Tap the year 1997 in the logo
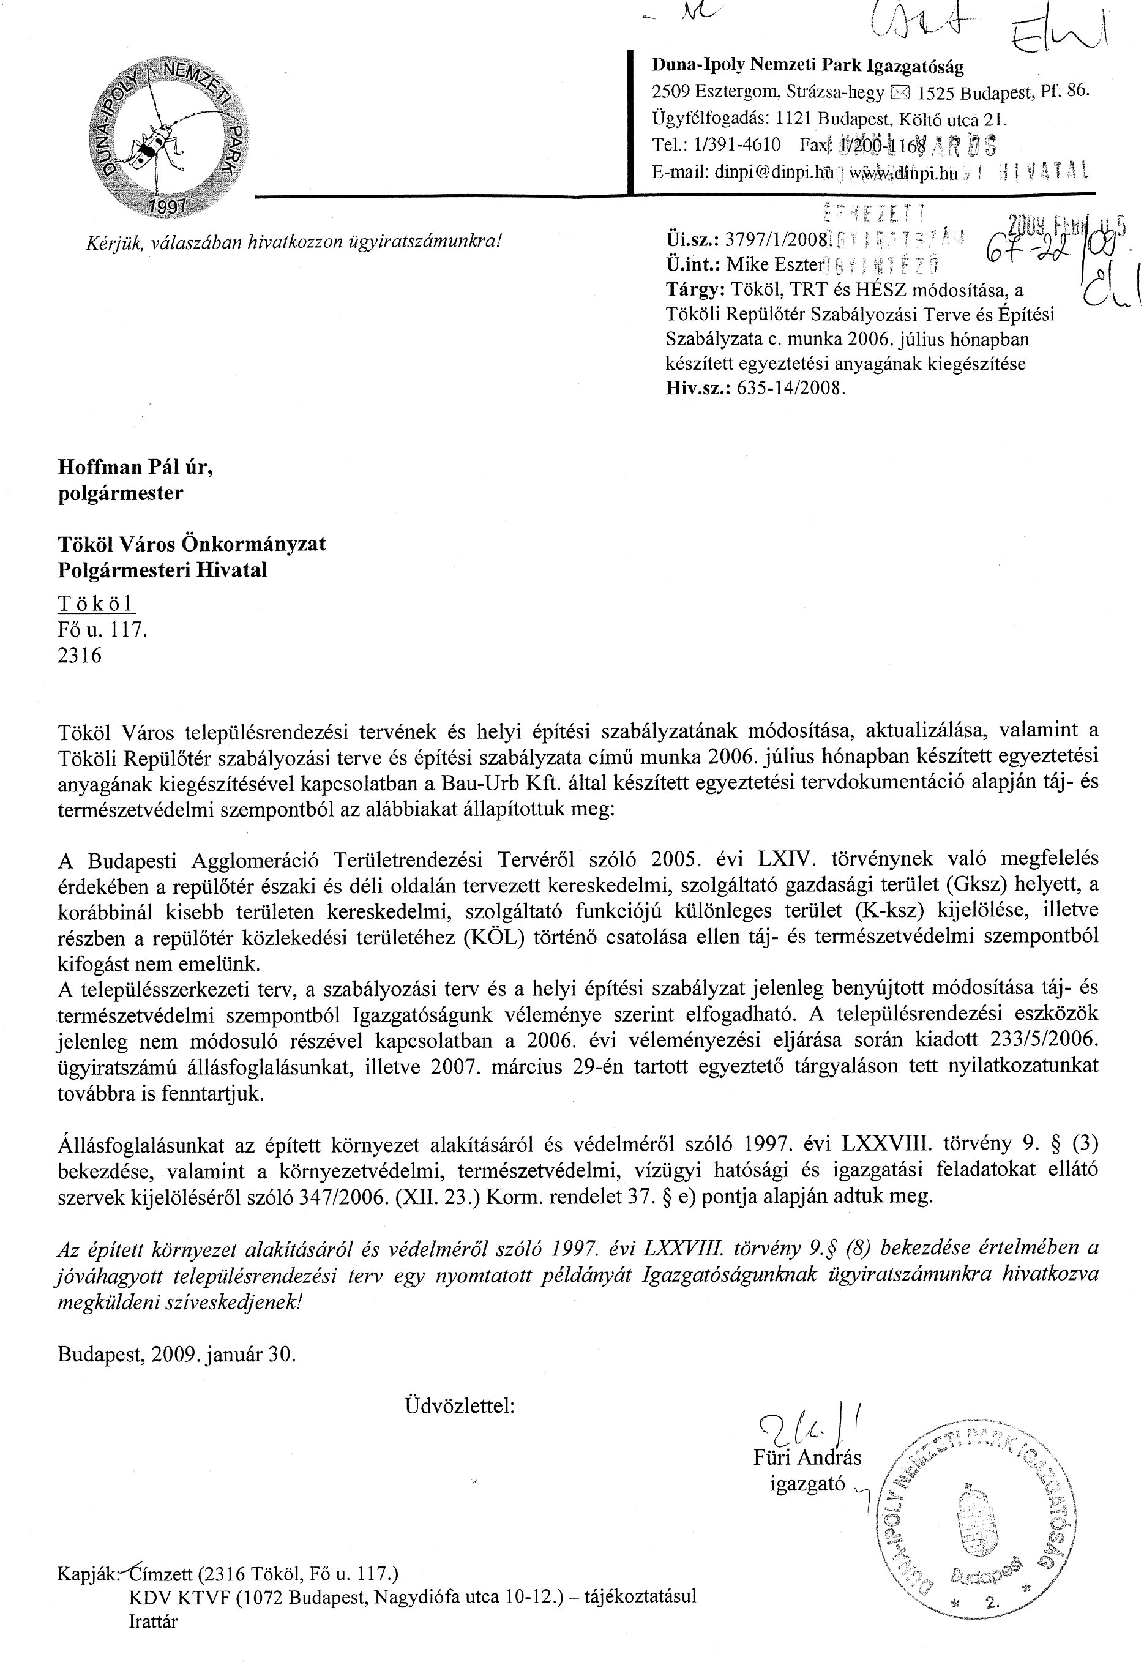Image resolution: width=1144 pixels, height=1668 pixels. (x=166, y=206)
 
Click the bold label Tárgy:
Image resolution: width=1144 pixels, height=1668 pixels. (x=695, y=290)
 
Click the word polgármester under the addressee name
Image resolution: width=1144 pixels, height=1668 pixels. (x=120, y=493)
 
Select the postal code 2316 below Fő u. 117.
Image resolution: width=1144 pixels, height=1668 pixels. (x=80, y=656)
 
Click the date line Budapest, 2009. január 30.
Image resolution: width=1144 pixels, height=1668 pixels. (x=176, y=1355)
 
